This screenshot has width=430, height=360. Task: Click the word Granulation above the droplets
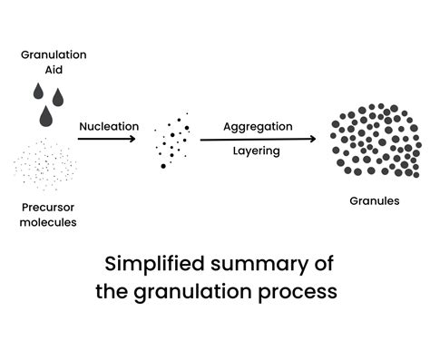pos(54,54)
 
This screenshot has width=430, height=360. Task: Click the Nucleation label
pos(108,126)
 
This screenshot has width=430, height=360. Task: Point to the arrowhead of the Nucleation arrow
pos(133,140)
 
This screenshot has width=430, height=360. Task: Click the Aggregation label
pos(258,126)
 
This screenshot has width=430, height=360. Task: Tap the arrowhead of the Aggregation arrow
pos(313,140)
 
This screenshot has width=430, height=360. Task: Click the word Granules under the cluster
pos(375,201)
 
